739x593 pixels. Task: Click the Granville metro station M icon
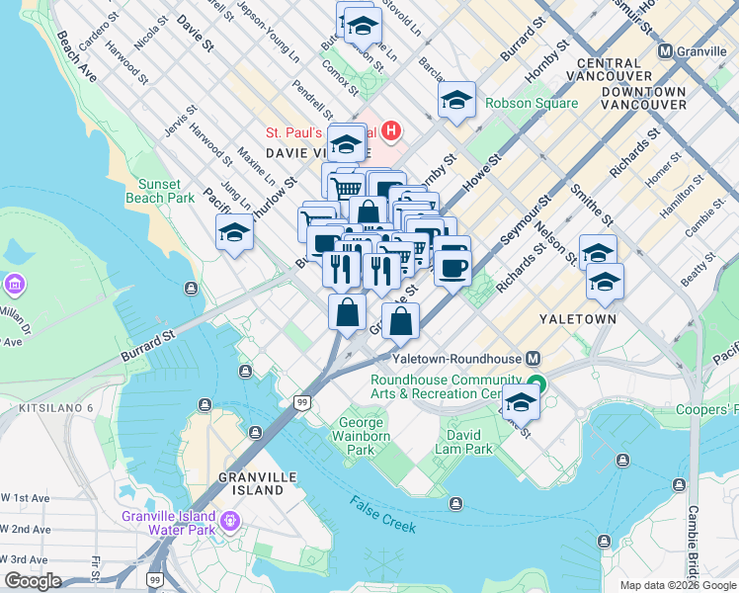[665, 51]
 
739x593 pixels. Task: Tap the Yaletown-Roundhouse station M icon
[534, 359]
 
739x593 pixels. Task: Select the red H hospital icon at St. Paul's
[392, 130]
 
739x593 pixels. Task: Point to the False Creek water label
[382, 514]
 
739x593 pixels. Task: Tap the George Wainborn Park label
[362, 436]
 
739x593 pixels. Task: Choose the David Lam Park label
[464, 442]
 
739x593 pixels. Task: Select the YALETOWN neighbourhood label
[578, 319]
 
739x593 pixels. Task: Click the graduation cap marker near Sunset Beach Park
[235, 232]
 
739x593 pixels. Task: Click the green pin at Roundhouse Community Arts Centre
[536, 384]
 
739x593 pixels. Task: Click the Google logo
[32, 582]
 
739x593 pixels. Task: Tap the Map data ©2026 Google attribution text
[678, 585]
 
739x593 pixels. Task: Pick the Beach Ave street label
[76, 55]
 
